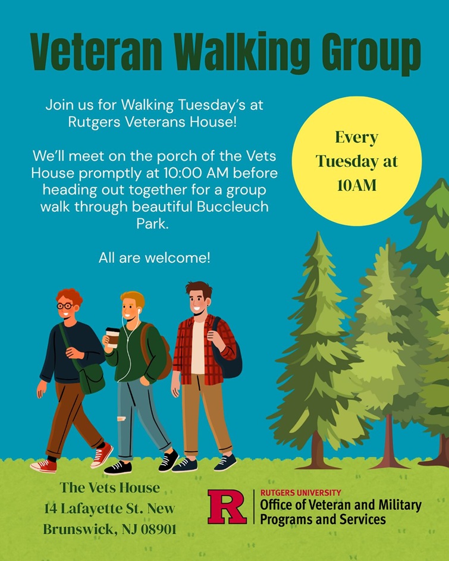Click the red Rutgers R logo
pyautogui.click(x=227, y=507)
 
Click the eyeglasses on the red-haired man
pyautogui.click(x=65, y=306)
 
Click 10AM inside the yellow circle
pyautogui.click(x=357, y=185)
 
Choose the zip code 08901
pyautogui.click(x=157, y=529)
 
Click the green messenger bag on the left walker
pyautogui.click(x=92, y=377)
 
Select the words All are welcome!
pyautogui.click(x=155, y=258)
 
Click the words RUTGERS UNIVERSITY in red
pyautogui.click(x=300, y=493)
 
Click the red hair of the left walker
pyautogui.click(x=69, y=295)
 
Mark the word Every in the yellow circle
pyautogui.click(x=356, y=137)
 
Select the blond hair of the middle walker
pyautogui.click(x=133, y=297)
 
